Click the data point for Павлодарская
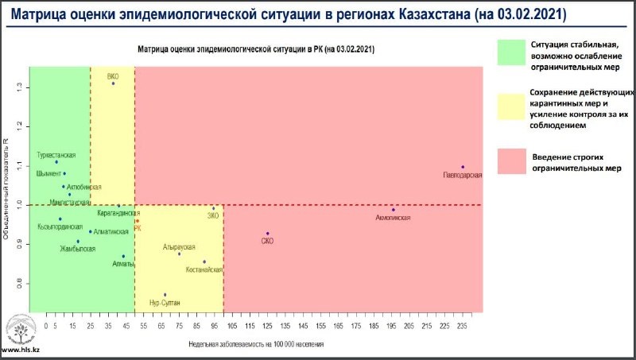click(x=463, y=167)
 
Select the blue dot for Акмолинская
click(x=393, y=210)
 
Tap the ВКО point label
click(x=113, y=76)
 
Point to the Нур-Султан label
click(x=165, y=304)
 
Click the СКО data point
click(x=268, y=234)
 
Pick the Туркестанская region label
click(x=56, y=154)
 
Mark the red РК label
click(x=138, y=228)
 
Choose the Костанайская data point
click(x=204, y=261)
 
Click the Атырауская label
click(x=179, y=247)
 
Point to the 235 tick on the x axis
click(x=462, y=325)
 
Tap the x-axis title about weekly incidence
click(x=256, y=344)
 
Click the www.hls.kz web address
click(x=21, y=350)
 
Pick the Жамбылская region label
click(x=77, y=250)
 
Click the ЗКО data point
click(x=213, y=208)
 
